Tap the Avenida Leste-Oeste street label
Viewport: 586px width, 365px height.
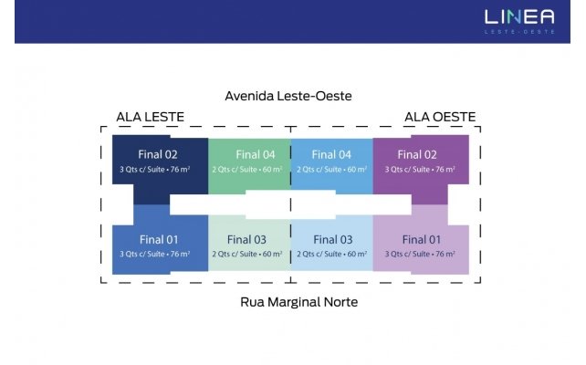coord(288,96)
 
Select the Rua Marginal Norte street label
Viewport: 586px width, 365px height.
coord(299,302)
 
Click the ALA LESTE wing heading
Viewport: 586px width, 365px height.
coord(151,117)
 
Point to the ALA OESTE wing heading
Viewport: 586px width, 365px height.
coord(440,117)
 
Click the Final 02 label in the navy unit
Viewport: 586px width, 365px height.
coord(158,154)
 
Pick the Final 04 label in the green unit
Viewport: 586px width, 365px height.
coord(256,154)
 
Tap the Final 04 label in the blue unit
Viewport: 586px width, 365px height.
coord(331,154)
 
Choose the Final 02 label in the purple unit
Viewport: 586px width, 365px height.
coord(417,154)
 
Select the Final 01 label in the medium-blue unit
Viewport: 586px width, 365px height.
coord(159,239)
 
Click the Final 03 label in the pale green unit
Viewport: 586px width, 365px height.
coord(246,239)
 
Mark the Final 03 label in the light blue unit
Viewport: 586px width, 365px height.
coord(333,239)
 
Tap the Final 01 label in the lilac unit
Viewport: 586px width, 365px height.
coord(422,239)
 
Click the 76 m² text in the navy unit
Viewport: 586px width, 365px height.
coord(180,169)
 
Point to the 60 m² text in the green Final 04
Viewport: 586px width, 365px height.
coord(272,169)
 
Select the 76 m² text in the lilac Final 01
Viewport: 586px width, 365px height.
coord(445,254)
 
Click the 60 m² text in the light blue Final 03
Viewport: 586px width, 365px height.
coord(357,254)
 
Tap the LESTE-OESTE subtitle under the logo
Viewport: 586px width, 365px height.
coord(519,32)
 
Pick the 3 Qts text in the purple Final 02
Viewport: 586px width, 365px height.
coord(394,170)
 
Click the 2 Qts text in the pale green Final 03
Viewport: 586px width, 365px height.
coord(221,255)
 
